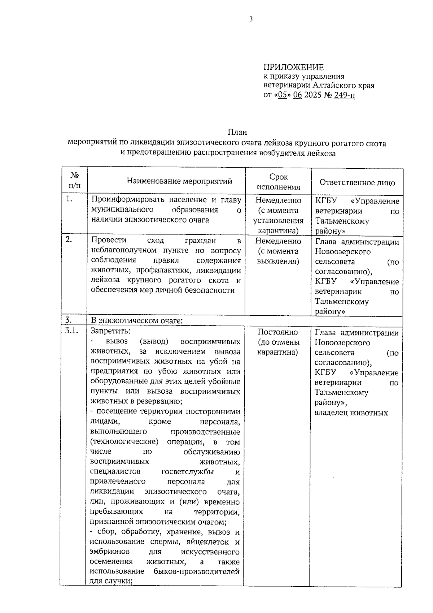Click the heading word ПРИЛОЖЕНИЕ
(293, 67)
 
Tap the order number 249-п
(344, 95)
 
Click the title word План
(237, 133)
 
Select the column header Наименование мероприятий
(179, 181)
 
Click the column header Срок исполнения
(278, 182)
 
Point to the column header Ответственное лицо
(357, 182)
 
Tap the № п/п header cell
(75, 181)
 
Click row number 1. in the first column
(70, 199)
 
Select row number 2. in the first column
(70, 240)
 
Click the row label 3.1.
(71, 331)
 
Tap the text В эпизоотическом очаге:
(137, 320)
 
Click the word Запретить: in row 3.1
(110, 331)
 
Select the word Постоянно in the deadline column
(277, 332)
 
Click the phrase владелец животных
(351, 413)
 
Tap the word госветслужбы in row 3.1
(188, 471)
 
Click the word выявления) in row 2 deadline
(278, 261)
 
